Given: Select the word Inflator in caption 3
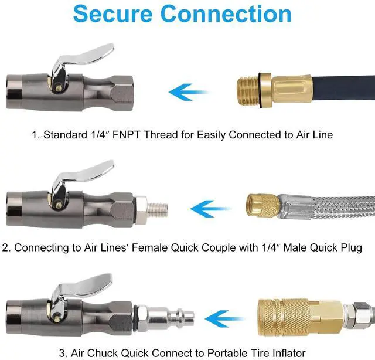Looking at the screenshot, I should click(285, 353).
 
